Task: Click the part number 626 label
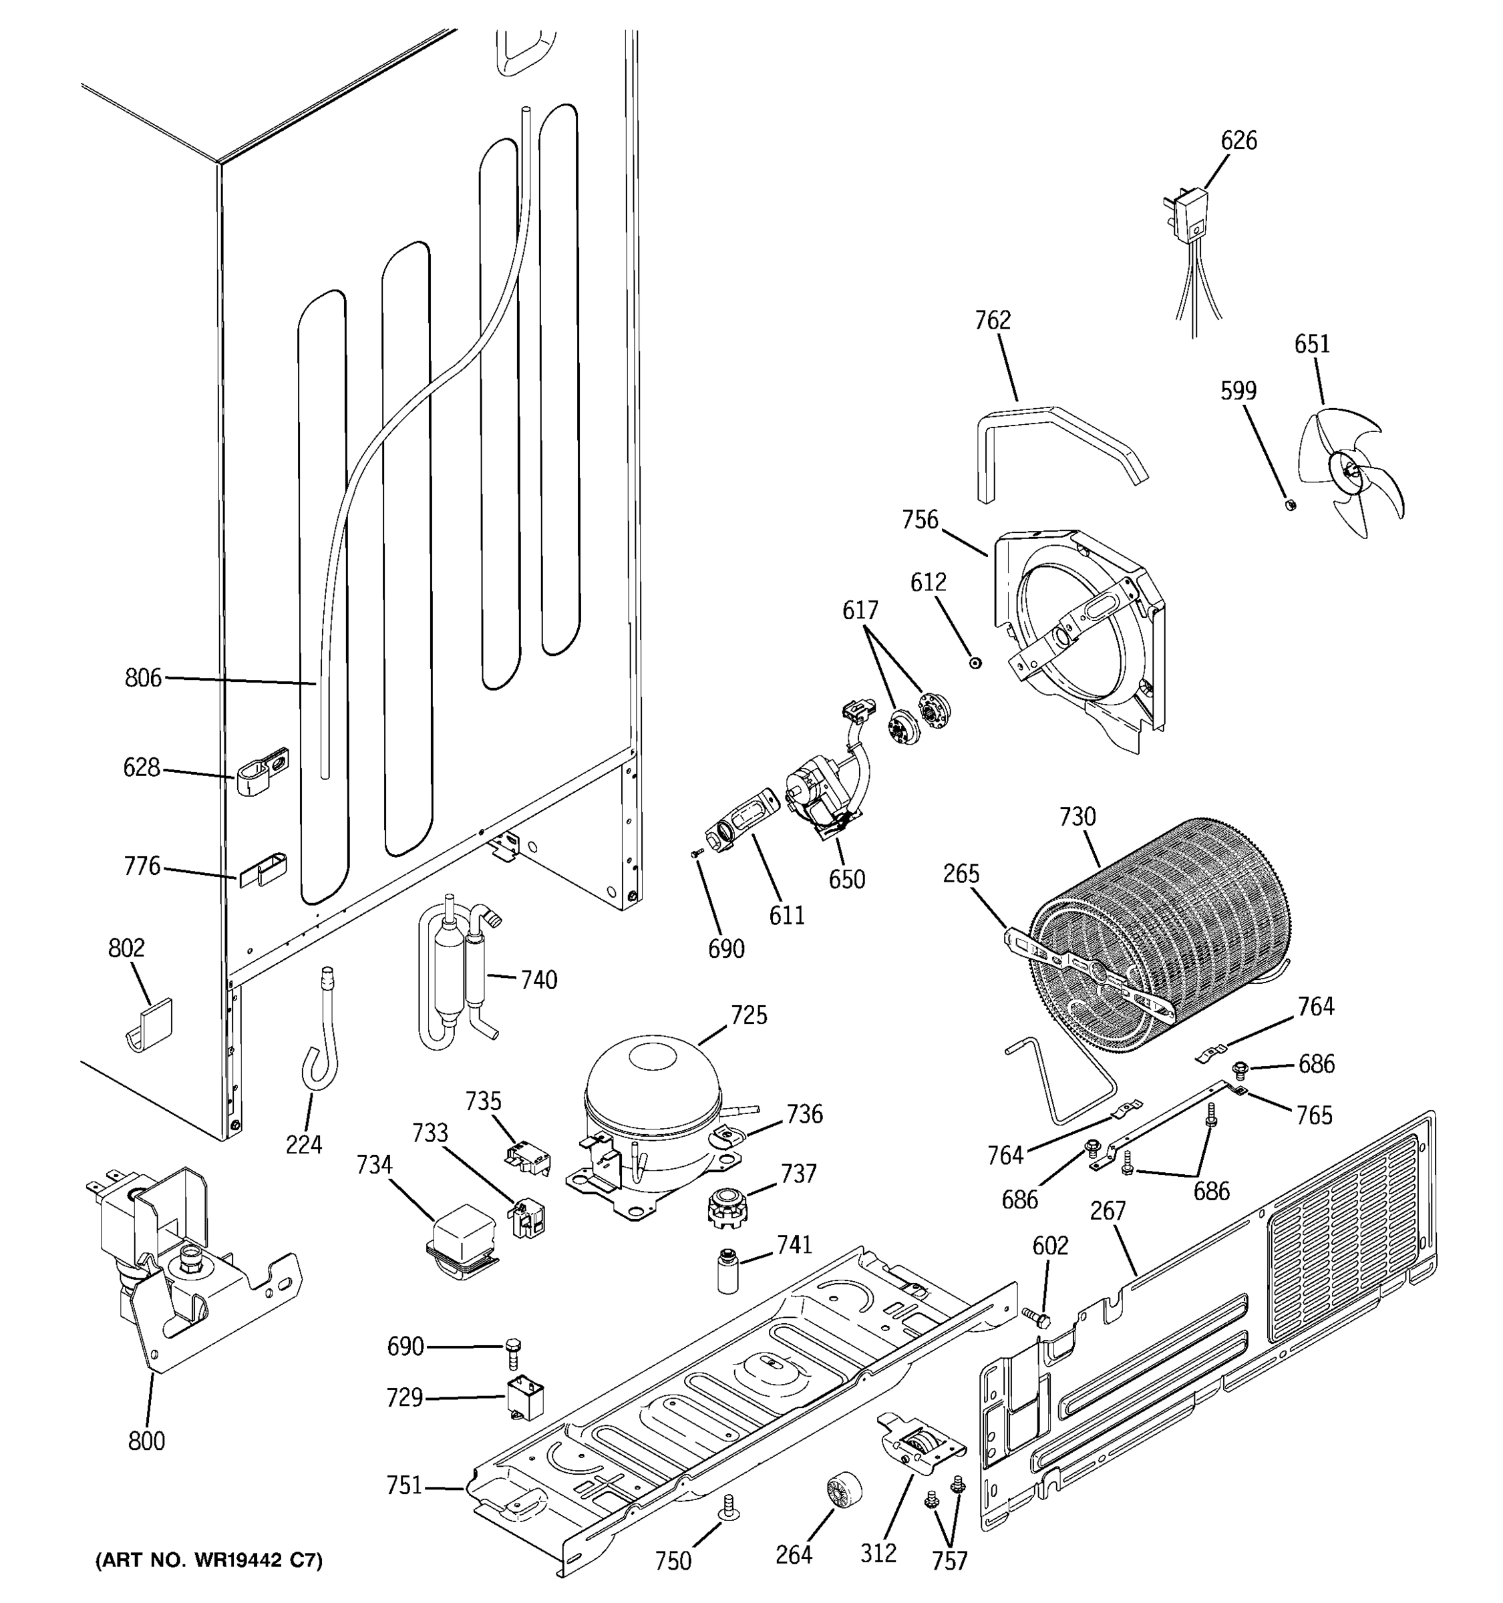pyautogui.click(x=1238, y=141)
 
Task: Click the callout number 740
pyautogui.click(x=538, y=981)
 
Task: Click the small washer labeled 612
pyautogui.click(x=976, y=663)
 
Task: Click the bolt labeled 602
pyautogui.click(x=1039, y=1318)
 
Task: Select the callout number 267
pyautogui.click(x=1107, y=1211)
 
